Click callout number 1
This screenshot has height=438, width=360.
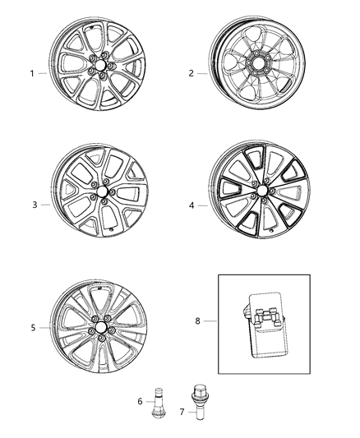tap(33, 73)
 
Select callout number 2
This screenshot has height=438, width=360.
tap(192, 73)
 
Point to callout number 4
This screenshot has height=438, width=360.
tap(192, 205)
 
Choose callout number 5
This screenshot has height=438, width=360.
tap(33, 328)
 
